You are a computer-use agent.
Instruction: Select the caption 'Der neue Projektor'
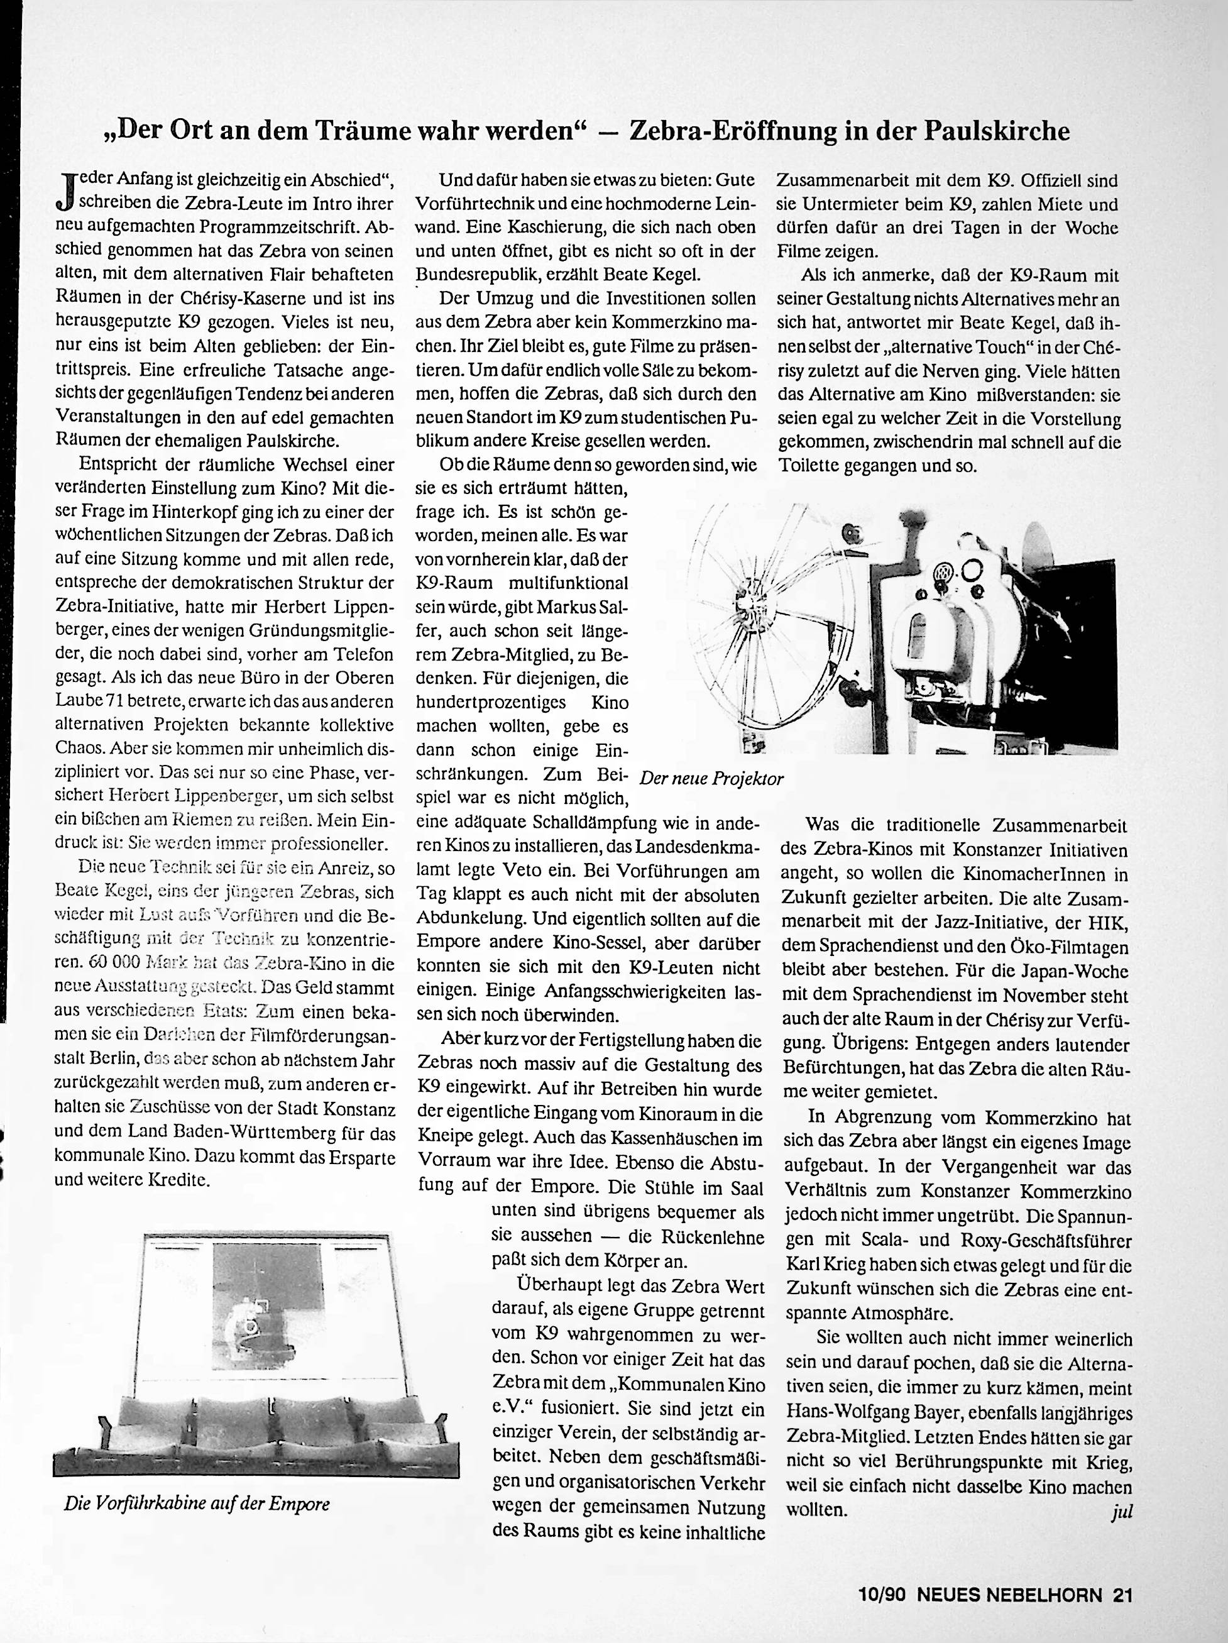(711, 779)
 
